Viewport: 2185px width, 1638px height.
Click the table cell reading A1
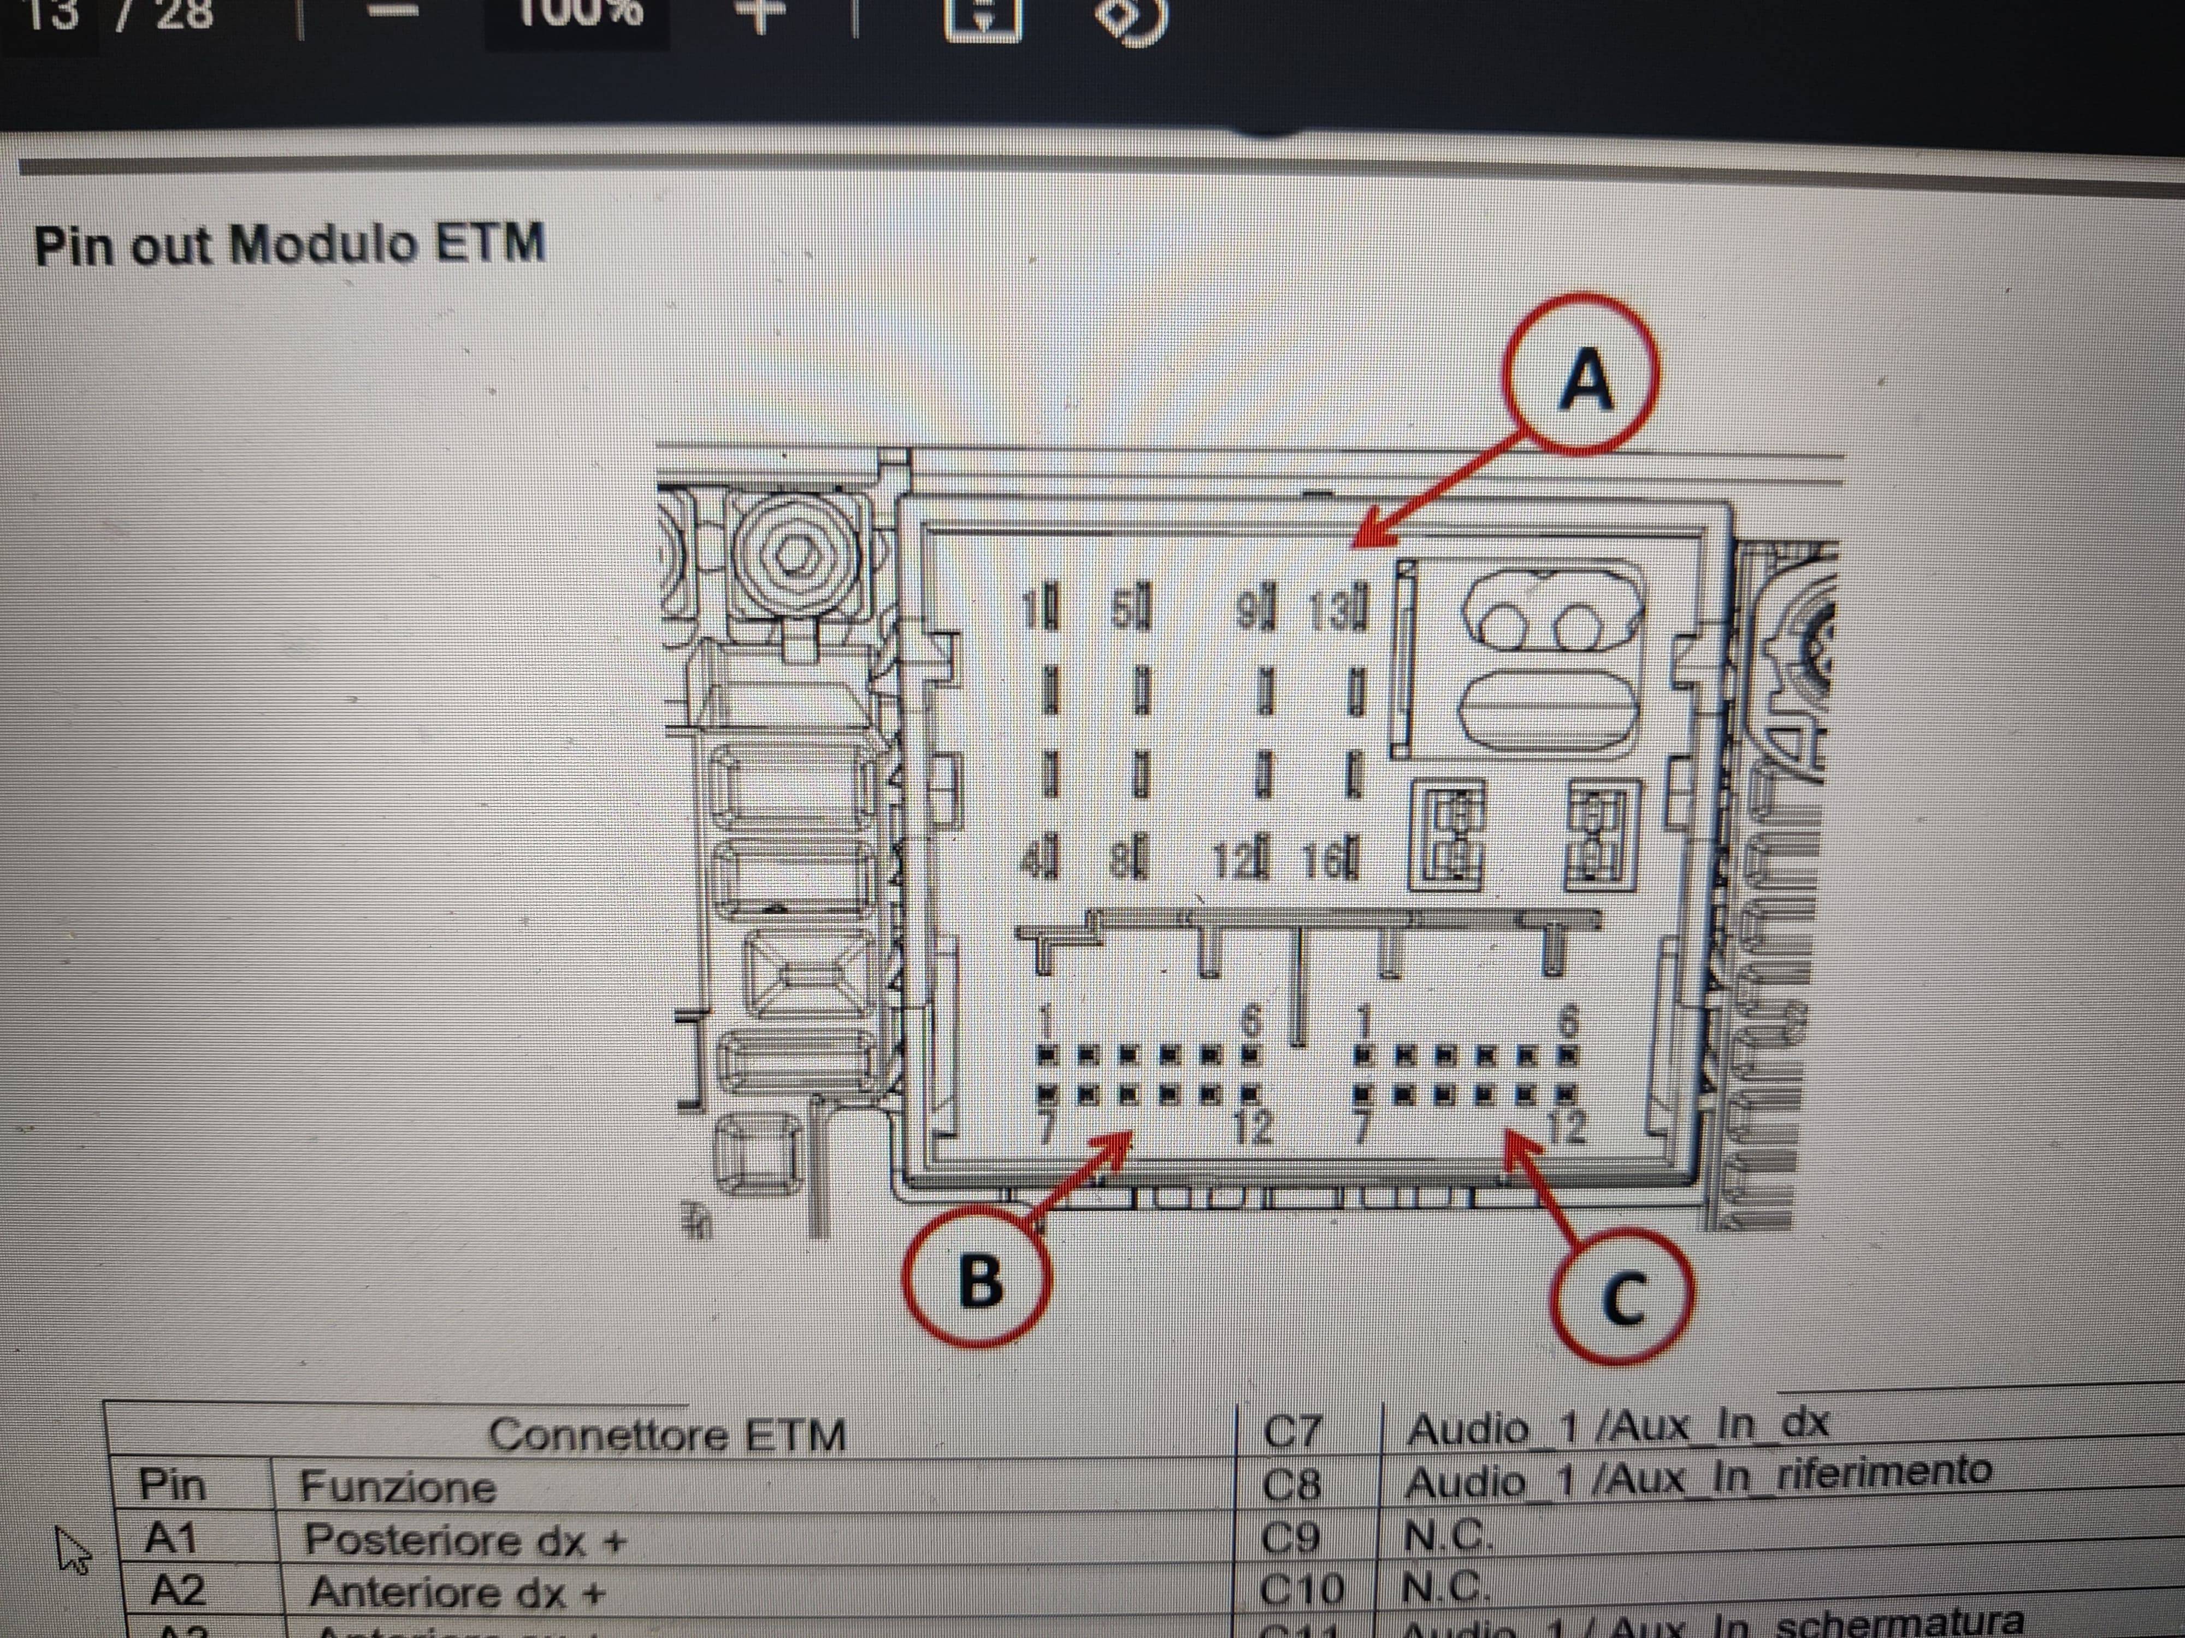[x=170, y=1538]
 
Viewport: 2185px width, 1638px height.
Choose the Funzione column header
[x=397, y=1486]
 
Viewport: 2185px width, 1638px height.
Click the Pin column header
[x=172, y=1484]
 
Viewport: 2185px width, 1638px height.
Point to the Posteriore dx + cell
[x=464, y=1539]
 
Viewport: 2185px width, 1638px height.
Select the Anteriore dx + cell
[x=456, y=1592]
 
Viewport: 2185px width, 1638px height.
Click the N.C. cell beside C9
[x=1444, y=1535]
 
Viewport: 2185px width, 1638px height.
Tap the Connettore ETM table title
[x=667, y=1434]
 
